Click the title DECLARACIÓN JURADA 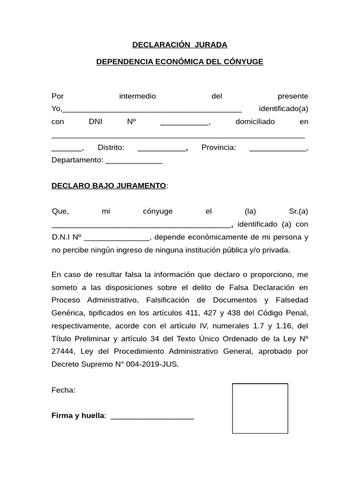pos(180,45)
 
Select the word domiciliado pos(255,122)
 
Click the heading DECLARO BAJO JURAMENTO pos(108,186)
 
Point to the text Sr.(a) pos(299,211)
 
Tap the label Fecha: pos(63,390)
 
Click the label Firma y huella pos(78,416)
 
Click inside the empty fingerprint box pos(260,409)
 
